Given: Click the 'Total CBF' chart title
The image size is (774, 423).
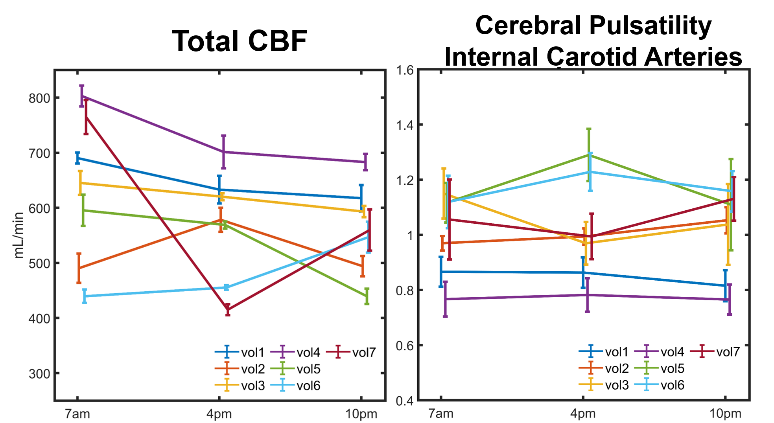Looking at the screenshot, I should [240, 41].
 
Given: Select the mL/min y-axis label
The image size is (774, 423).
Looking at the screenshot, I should [18, 235].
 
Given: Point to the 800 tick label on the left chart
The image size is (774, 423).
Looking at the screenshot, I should [39, 98].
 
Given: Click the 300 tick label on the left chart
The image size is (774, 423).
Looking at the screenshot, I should [39, 373].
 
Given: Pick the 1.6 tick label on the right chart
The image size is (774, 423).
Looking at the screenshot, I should [405, 70].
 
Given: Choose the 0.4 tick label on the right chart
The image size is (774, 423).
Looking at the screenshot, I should [405, 401].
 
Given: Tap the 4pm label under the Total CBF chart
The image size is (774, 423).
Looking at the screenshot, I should [219, 414].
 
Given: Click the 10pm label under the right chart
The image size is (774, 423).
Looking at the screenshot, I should [725, 414].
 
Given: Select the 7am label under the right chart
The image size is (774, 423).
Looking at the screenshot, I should [441, 414].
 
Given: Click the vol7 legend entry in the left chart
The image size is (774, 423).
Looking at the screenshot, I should [364, 352].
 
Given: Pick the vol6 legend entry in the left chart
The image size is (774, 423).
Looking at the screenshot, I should [308, 386].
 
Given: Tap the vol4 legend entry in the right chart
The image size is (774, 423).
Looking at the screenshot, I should [672, 351].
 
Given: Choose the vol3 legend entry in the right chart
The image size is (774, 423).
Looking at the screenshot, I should [617, 385].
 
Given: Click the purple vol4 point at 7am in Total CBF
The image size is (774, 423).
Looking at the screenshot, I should [82, 96].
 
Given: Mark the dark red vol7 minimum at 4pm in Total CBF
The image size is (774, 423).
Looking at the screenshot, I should [228, 310].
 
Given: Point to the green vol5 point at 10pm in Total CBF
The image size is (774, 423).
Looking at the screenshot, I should [367, 296].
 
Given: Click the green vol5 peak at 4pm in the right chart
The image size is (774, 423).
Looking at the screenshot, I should [589, 154].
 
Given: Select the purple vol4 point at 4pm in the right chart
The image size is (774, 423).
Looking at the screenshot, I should [587, 295].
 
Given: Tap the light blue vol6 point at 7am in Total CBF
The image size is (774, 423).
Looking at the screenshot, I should [85, 296].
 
